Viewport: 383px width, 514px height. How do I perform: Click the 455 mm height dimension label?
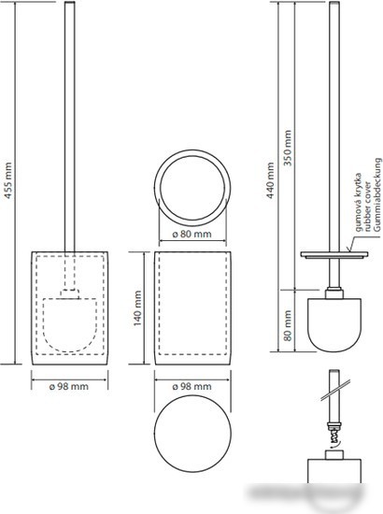(8, 180)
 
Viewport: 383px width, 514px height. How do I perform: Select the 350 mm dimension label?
(288, 148)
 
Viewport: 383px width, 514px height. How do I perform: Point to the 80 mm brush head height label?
(288, 325)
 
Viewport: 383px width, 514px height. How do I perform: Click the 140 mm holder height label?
(137, 308)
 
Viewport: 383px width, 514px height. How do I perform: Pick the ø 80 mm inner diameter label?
(192, 234)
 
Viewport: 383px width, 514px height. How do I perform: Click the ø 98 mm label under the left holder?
(69, 386)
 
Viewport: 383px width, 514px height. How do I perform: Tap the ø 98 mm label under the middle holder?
(192, 386)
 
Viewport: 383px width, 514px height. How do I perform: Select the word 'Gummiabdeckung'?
(377, 195)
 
